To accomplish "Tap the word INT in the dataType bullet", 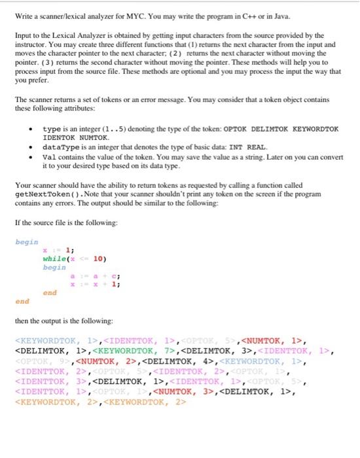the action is [x=236, y=147].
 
